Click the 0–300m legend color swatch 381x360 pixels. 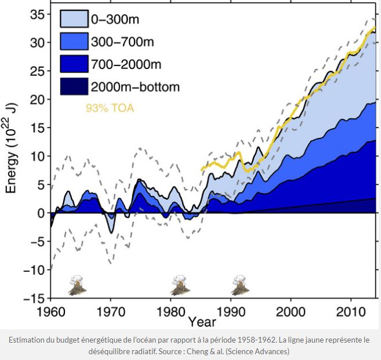74,19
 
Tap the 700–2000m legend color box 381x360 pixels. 74,64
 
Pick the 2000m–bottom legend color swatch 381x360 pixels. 74,87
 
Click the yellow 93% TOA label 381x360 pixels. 110,108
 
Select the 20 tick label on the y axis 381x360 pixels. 36,99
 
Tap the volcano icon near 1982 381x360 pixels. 180,285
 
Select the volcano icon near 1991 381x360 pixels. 239,285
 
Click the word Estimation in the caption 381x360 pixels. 28,340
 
